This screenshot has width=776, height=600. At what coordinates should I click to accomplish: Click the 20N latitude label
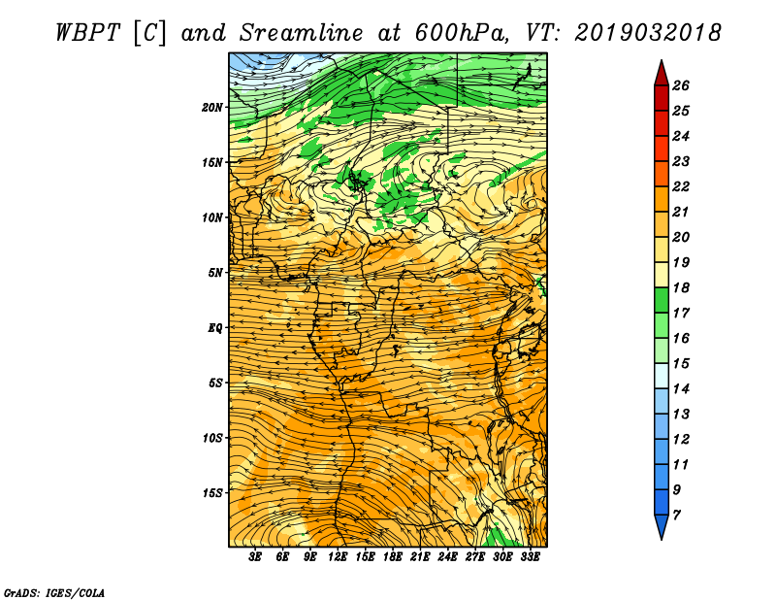[x=212, y=107]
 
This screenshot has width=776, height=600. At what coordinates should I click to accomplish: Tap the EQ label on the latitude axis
[x=215, y=327]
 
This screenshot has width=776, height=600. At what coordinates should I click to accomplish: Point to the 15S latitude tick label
[x=212, y=492]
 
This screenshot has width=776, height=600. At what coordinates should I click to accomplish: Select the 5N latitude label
[x=215, y=273]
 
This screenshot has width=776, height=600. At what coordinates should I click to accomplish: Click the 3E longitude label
[x=255, y=556]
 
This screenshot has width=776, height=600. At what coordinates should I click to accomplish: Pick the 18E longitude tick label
[x=393, y=556]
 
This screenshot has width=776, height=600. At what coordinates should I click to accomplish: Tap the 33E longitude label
[x=530, y=556]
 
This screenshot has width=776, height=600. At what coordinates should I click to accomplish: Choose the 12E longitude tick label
[x=338, y=556]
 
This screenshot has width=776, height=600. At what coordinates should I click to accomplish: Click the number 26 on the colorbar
[x=681, y=85]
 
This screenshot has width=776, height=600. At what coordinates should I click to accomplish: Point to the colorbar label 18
[x=681, y=287]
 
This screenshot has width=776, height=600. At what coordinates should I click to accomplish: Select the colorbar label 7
[x=676, y=516]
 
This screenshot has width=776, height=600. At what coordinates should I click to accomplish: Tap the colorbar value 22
[x=681, y=186]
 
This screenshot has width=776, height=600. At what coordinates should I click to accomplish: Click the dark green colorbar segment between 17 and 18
[x=662, y=300]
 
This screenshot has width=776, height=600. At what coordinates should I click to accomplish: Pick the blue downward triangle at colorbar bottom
[x=662, y=525]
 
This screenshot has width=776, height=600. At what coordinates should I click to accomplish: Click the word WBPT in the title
[x=88, y=33]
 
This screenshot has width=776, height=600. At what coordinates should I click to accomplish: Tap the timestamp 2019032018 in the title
[x=648, y=33]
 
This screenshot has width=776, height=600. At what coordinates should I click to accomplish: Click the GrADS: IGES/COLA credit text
[x=54, y=592]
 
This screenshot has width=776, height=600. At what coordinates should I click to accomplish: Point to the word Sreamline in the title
[x=302, y=33]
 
